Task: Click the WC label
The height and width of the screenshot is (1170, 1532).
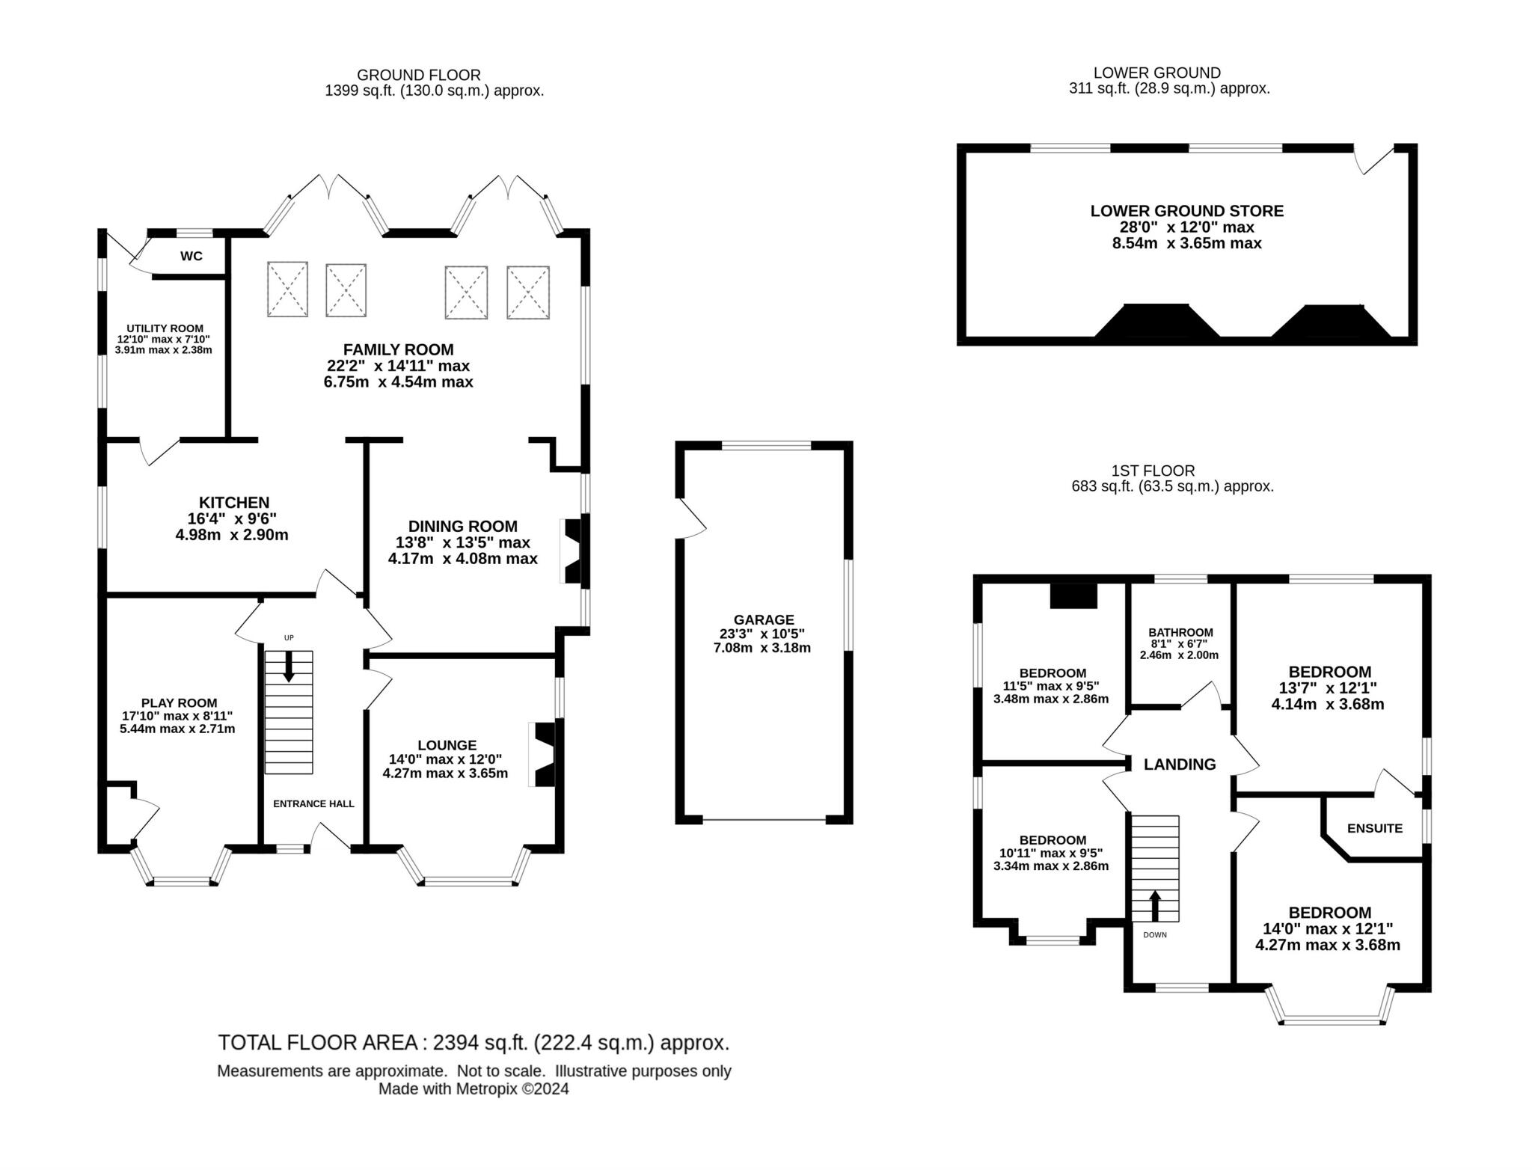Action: click(191, 257)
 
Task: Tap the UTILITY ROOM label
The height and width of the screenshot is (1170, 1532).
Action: click(165, 328)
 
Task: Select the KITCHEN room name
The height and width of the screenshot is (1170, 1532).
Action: click(233, 503)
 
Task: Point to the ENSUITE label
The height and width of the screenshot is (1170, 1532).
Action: click(1374, 828)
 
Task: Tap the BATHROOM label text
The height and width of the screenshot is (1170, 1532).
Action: click(1180, 632)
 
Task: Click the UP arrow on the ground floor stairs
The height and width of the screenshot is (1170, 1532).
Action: click(289, 667)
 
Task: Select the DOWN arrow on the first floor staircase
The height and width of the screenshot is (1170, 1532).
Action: click(1154, 906)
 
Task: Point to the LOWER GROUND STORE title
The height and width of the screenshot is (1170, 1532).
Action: click(1186, 211)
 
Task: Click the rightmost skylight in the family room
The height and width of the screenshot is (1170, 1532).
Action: click(528, 292)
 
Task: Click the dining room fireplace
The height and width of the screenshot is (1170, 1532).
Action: click(573, 552)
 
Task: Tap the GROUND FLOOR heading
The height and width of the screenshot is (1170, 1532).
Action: click(418, 75)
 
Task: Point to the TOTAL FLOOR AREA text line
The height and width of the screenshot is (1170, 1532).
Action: click(473, 1042)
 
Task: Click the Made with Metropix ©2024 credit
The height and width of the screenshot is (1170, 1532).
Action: click(473, 1089)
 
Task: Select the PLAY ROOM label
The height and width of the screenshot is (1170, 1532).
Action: click(179, 703)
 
